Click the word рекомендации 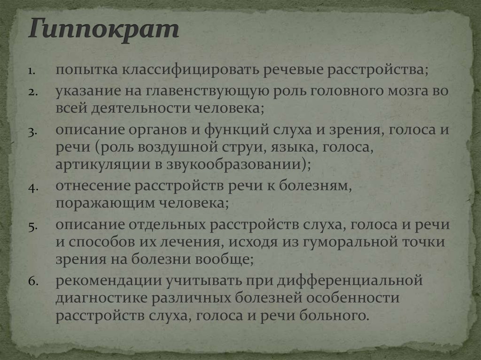click(x=107, y=281)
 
